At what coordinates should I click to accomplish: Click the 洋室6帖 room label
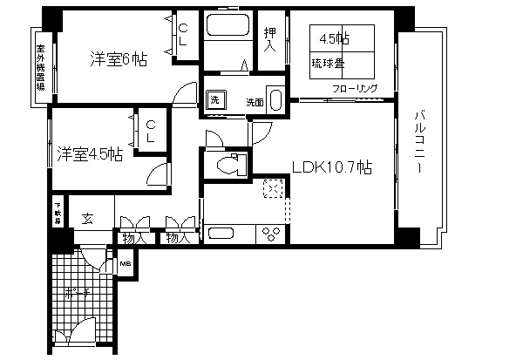[x=118, y=59]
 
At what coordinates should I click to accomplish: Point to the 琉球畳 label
[x=328, y=62]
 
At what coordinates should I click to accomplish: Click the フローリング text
[x=354, y=89]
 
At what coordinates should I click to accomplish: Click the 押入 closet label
[x=270, y=38]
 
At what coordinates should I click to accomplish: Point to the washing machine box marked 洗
[x=215, y=99]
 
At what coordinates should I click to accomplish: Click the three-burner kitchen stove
[x=272, y=234]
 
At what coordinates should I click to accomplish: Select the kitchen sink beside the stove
[x=221, y=234]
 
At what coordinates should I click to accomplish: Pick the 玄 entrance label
[x=88, y=219]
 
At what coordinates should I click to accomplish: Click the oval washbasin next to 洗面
[x=275, y=100]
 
